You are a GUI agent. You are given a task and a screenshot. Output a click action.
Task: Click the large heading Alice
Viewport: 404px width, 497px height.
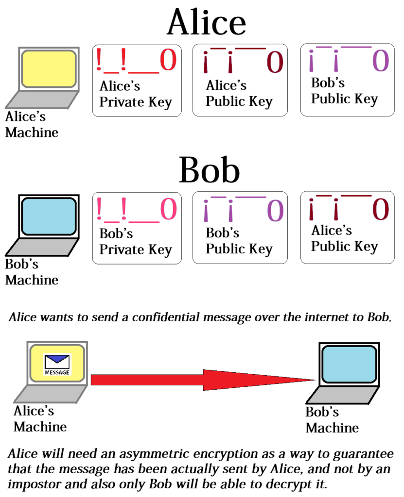tap(206, 22)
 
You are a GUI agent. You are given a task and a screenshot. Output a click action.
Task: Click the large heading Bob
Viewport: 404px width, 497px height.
tap(209, 170)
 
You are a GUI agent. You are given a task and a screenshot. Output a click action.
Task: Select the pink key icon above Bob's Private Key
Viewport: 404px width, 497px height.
tap(137, 209)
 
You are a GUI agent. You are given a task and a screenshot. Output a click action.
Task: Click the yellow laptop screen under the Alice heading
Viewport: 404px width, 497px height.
tap(48, 69)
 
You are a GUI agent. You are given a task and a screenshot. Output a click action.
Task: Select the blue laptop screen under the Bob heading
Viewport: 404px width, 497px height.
tap(48, 216)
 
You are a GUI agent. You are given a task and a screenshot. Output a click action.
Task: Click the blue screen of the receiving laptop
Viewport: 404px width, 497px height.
tap(349, 364)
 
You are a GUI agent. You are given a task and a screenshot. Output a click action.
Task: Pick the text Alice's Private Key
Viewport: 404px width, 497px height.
tap(136, 94)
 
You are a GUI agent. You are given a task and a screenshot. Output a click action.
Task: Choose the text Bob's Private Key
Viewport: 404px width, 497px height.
tap(136, 242)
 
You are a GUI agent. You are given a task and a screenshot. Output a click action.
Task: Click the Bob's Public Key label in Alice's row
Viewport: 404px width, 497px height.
tap(344, 91)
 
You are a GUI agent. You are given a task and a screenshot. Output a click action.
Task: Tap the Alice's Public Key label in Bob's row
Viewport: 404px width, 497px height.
tap(344, 238)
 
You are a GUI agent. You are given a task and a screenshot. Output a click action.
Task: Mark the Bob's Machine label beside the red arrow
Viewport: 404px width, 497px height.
tap(332, 420)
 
